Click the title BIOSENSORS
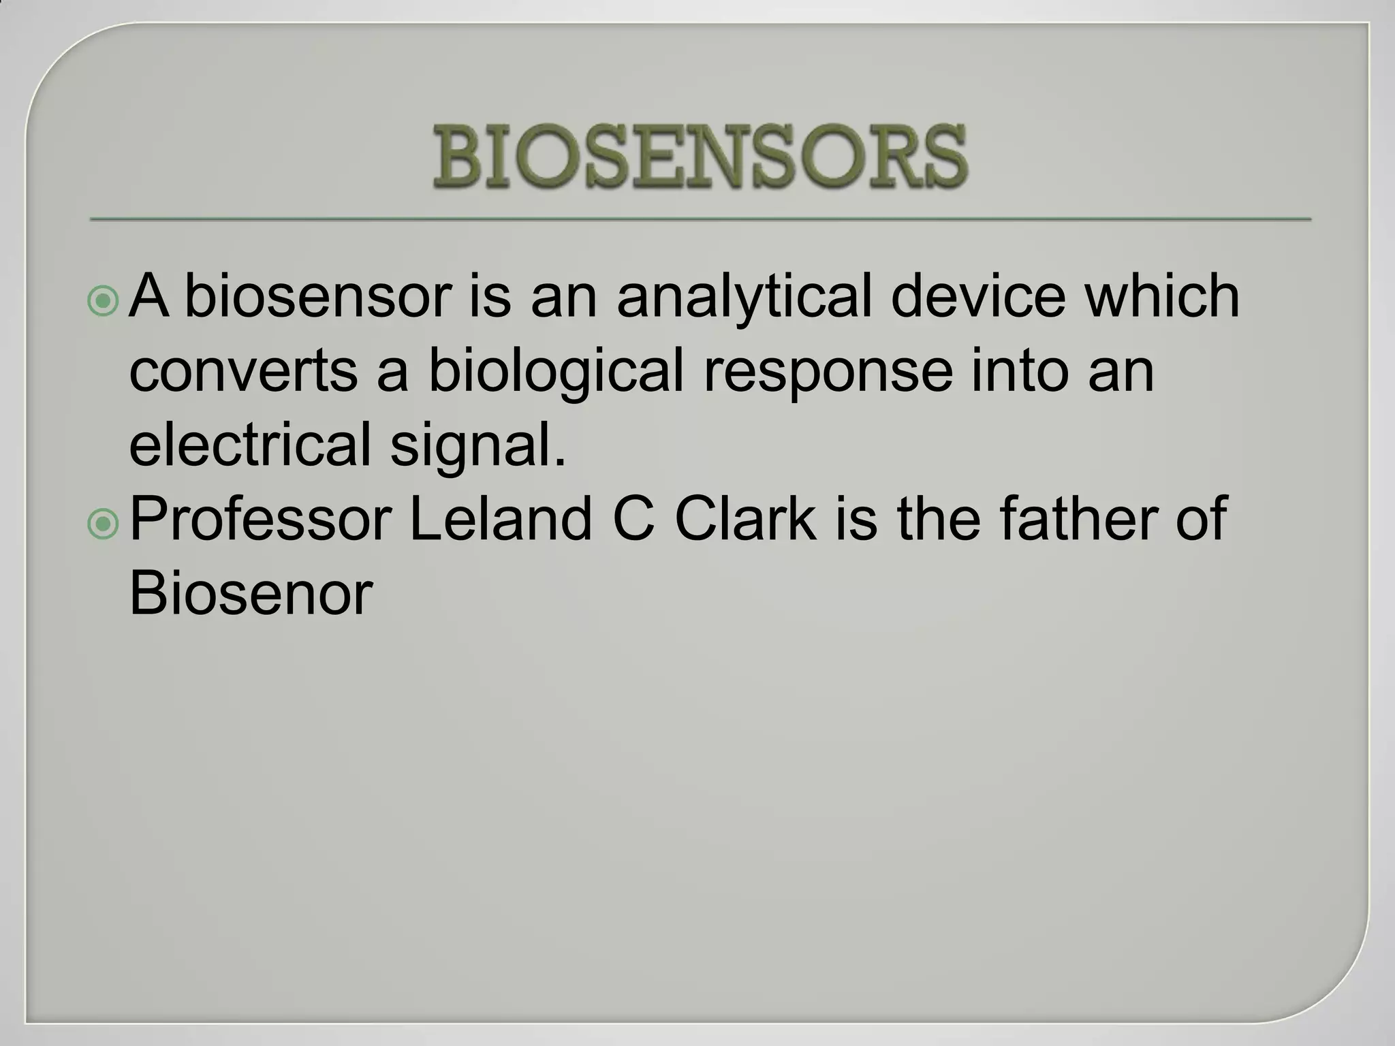pos(700,157)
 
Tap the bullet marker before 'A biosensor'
pos(104,301)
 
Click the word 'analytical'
pos(744,297)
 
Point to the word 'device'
pos(978,297)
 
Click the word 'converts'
pos(243,372)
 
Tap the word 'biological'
pos(555,372)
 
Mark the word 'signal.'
pos(478,445)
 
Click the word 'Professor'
pos(260,520)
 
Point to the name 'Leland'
pos(501,520)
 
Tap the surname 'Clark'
pos(746,520)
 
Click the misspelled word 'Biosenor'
pos(251,594)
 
